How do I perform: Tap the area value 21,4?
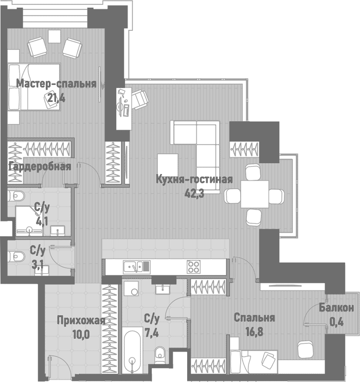(57, 97)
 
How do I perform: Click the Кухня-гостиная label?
(194, 180)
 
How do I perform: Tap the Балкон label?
(336, 308)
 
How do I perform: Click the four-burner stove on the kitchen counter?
(193, 267)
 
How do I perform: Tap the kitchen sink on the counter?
(136, 267)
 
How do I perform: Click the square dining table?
(255, 194)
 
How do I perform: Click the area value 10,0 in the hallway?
(81, 334)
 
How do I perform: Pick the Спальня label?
(254, 318)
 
